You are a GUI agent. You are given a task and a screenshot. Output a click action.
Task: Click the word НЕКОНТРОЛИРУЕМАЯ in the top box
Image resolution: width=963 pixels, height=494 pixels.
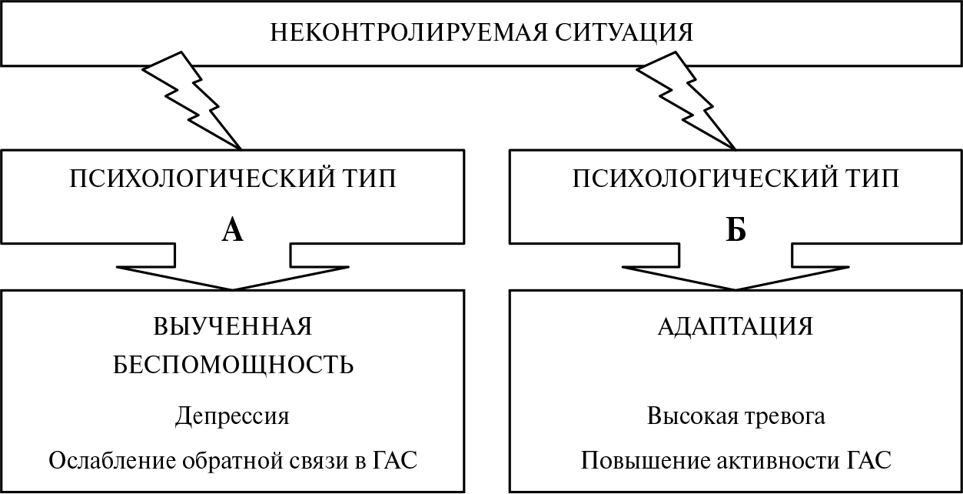(x=408, y=32)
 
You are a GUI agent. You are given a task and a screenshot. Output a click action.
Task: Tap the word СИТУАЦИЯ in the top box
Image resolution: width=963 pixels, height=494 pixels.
(x=624, y=33)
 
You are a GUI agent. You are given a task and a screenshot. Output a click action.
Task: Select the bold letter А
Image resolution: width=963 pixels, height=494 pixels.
(x=233, y=230)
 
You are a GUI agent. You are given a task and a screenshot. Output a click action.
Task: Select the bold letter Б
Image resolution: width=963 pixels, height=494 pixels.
(x=736, y=230)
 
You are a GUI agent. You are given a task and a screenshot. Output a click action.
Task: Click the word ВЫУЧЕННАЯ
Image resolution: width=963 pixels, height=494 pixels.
(x=233, y=326)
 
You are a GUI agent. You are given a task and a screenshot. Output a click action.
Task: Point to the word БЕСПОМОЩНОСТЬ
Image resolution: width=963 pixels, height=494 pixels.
(x=233, y=365)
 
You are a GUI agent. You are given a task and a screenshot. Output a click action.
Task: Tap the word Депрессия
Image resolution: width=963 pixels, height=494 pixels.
(x=233, y=417)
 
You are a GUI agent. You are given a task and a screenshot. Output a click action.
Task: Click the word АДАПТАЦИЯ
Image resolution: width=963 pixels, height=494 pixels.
(x=736, y=327)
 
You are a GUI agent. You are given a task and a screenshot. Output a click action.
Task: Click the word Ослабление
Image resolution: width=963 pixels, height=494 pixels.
(x=112, y=460)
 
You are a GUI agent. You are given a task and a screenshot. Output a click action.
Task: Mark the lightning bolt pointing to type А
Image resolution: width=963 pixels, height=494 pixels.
(x=192, y=101)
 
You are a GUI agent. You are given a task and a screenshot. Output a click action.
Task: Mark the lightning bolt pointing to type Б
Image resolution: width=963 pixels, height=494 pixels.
(x=686, y=101)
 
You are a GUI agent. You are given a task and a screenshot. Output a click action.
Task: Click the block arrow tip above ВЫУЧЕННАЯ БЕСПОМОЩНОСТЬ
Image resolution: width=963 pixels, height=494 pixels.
(x=233, y=289)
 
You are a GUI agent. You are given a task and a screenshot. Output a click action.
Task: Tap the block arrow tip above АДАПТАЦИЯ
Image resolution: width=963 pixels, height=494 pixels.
(x=736, y=289)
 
